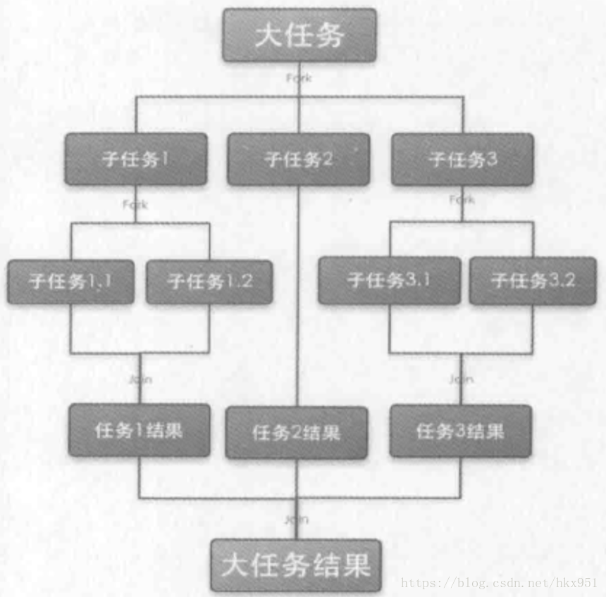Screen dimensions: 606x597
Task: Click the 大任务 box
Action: (299, 35)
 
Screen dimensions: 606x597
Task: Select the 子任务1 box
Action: (136, 159)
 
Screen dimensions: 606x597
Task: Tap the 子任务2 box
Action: (298, 159)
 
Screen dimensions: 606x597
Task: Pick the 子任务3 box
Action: (462, 159)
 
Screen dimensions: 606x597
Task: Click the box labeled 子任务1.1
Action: (70, 282)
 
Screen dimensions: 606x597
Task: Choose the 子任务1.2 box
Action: (209, 282)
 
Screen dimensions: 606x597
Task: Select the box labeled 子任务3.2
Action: (533, 280)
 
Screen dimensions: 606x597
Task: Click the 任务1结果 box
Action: (139, 430)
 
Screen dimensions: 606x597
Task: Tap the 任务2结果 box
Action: (297, 432)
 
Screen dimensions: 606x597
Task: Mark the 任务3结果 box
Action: (460, 431)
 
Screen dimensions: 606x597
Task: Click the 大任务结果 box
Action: (296, 565)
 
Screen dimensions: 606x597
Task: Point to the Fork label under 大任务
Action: (298, 77)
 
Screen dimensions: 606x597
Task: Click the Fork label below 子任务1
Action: (135, 204)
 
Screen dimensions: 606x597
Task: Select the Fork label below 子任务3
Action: (462, 199)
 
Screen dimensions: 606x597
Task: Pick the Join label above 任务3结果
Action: (462, 379)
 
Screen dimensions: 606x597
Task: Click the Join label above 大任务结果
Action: (297, 520)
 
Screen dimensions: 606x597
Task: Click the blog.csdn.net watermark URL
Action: (498, 583)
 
